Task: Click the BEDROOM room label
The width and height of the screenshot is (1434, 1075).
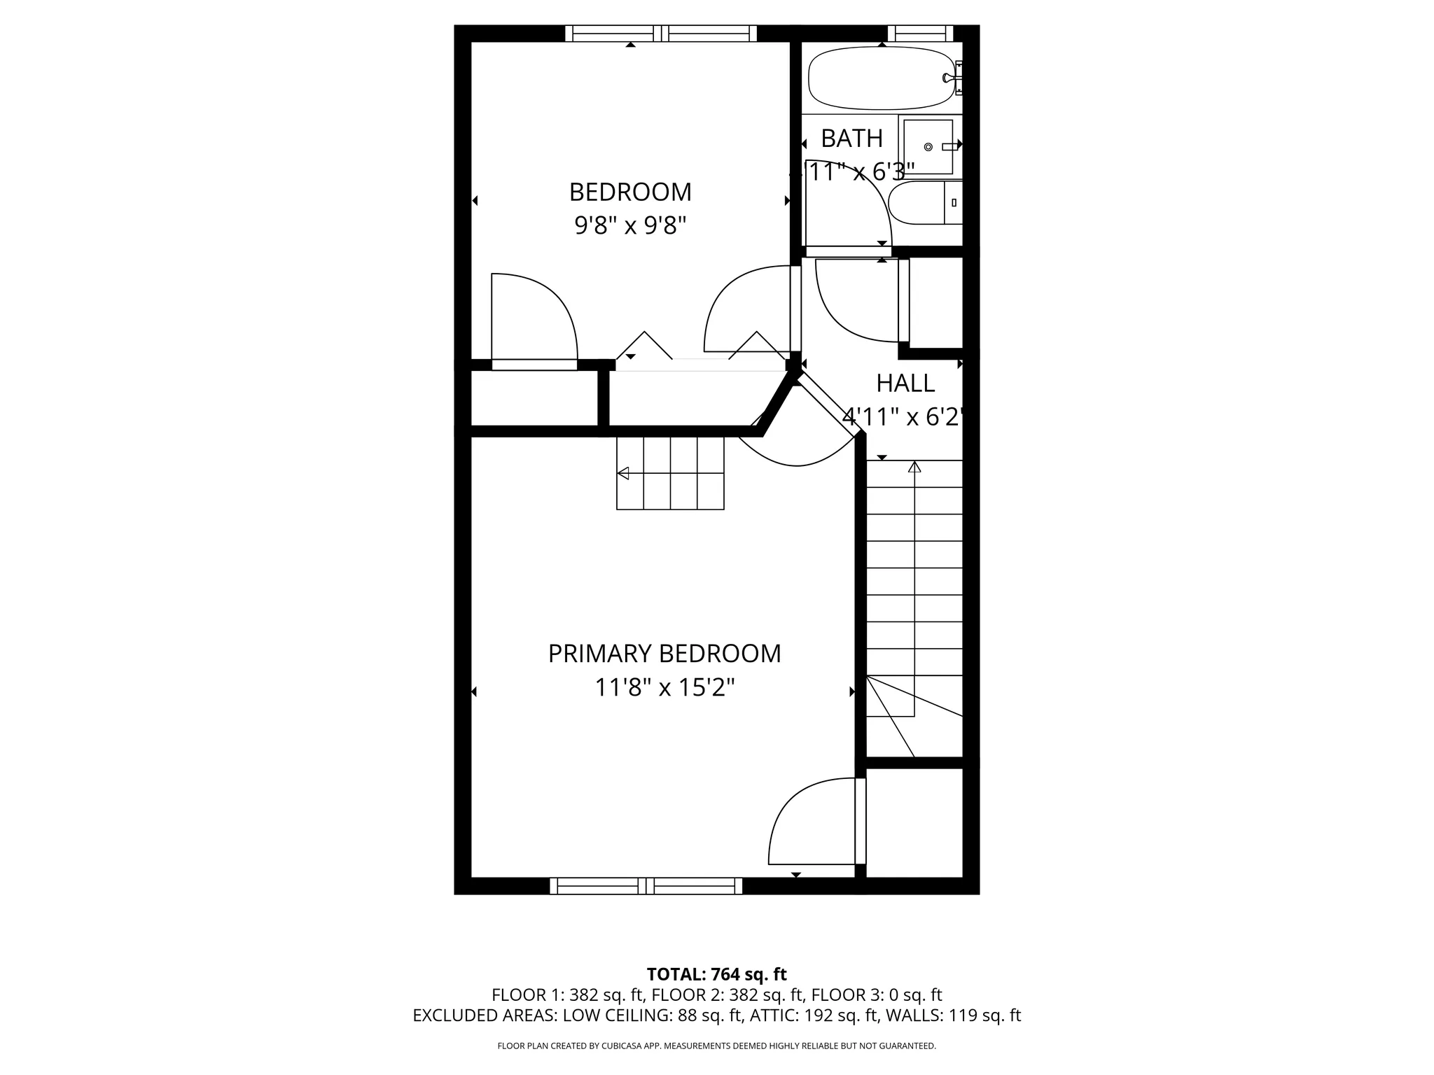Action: pyautogui.click(x=630, y=192)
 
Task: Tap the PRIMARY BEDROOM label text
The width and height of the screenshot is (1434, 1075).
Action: pyautogui.click(x=664, y=654)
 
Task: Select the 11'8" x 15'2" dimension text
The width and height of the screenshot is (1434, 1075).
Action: pyautogui.click(x=664, y=688)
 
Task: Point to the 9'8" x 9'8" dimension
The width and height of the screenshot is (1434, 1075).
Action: pyautogui.click(x=630, y=226)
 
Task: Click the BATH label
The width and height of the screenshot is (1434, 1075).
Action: pyautogui.click(x=851, y=139)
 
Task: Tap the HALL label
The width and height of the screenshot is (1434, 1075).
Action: pyautogui.click(x=905, y=384)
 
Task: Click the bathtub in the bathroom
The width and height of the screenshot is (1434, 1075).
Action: pyautogui.click(x=881, y=78)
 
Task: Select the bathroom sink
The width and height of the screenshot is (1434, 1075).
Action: pyautogui.click(x=928, y=146)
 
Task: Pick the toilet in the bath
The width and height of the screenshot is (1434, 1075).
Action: pyautogui.click(x=924, y=203)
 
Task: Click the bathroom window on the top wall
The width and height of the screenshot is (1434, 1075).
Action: pyautogui.click(x=920, y=34)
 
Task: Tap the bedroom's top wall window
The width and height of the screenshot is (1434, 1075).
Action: pyautogui.click(x=660, y=34)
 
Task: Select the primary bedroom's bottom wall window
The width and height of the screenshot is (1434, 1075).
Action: pyautogui.click(x=646, y=886)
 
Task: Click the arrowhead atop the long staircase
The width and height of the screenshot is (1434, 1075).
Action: pyautogui.click(x=914, y=467)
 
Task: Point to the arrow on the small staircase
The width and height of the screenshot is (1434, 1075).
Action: pyautogui.click(x=622, y=474)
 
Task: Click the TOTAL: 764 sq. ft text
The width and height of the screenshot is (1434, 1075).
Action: pyautogui.click(x=716, y=974)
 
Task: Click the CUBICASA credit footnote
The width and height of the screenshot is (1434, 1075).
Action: pyautogui.click(x=716, y=1046)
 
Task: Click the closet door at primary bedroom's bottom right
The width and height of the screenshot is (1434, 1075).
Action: pyautogui.click(x=861, y=821)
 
